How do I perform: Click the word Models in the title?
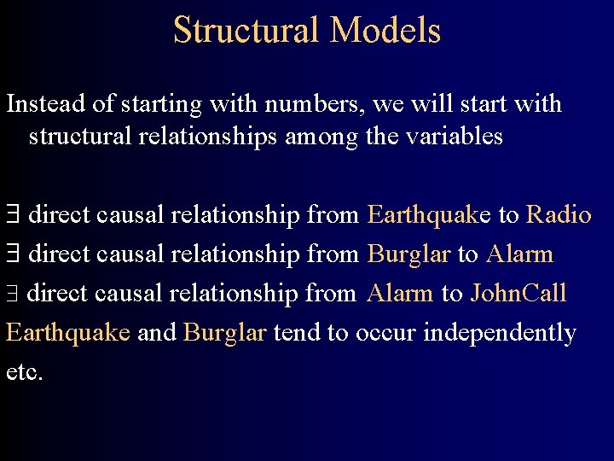click(385, 31)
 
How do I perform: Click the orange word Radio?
click(559, 214)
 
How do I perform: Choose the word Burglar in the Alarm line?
click(408, 254)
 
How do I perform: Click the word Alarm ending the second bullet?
click(519, 254)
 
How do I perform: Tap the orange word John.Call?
click(518, 294)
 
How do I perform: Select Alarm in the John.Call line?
click(400, 294)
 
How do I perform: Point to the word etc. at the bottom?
click(24, 373)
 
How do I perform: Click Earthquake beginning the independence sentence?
click(68, 333)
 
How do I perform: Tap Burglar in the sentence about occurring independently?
click(224, 333)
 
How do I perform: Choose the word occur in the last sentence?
click(385, 333)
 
